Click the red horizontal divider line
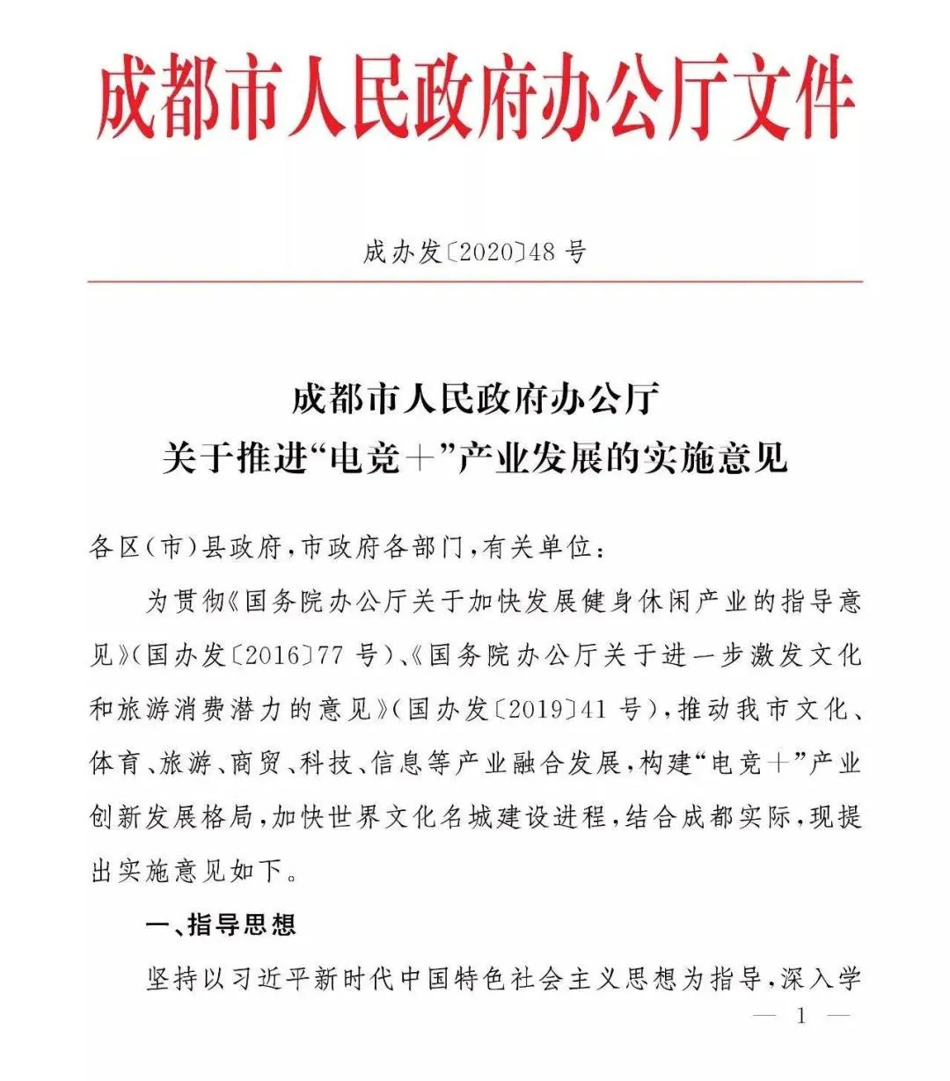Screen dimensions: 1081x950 point(475,282)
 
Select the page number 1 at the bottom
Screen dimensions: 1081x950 point(801,1017)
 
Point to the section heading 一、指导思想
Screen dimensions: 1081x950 point(220,924)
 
